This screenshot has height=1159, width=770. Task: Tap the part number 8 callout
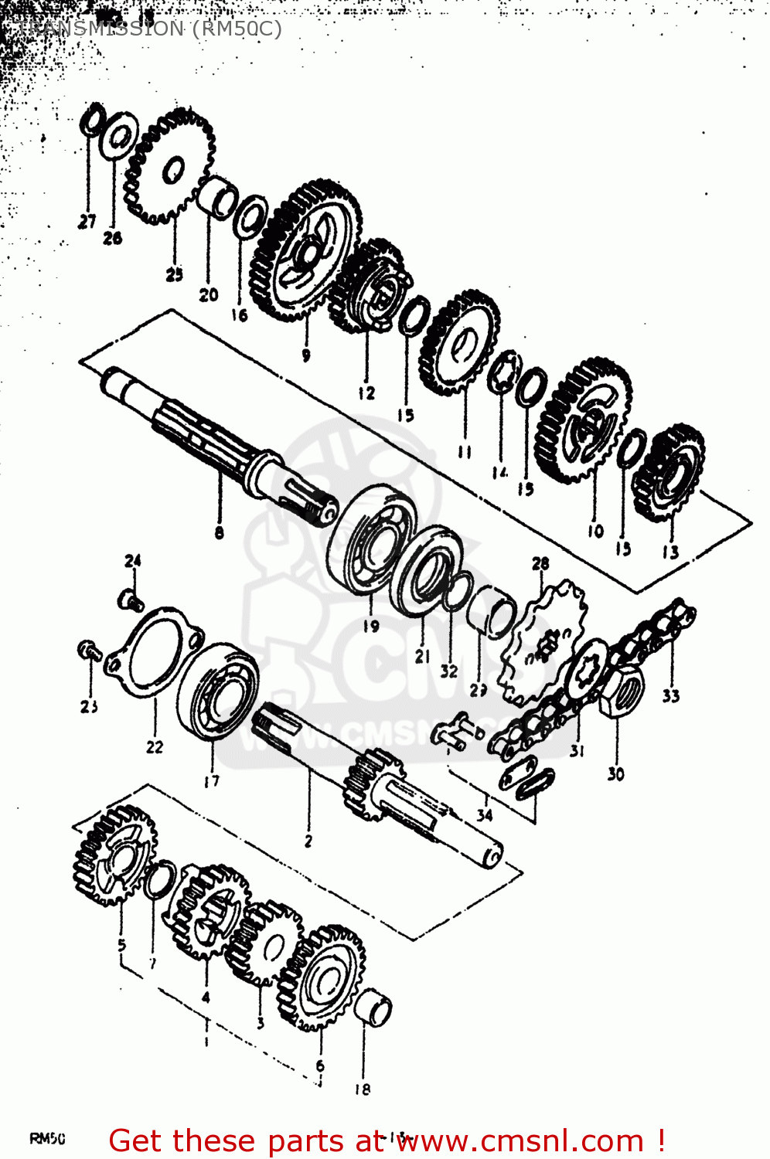tap(220, 532)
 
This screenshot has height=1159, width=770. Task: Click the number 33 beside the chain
tap(670, 695)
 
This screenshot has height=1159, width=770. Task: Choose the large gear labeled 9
tap(306, 250)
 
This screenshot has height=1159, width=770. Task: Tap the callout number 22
tap(155, 746)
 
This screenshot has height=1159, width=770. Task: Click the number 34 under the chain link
tap(485, 814)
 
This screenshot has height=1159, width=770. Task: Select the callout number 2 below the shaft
tap(308, 841)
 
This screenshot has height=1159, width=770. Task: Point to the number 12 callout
tap(366, 393)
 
